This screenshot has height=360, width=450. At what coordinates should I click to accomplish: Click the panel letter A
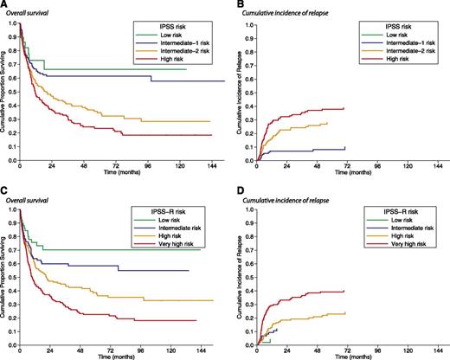pyautogui.click(x=4, y=4)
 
